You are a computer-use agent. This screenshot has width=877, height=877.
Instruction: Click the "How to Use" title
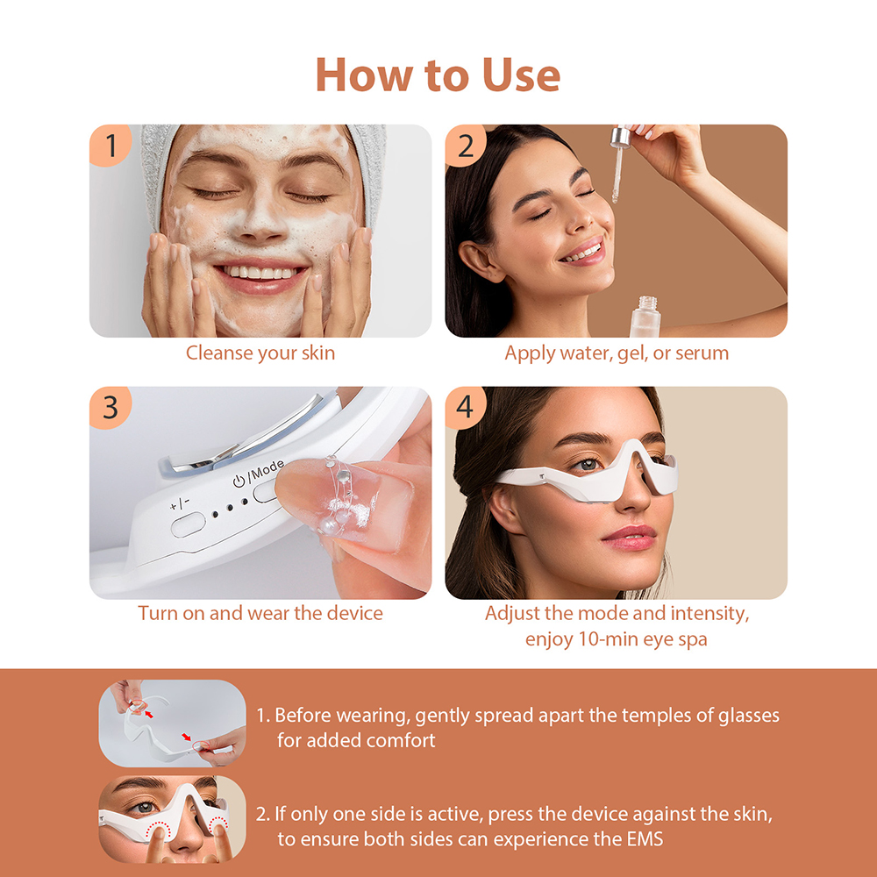click(438, 75)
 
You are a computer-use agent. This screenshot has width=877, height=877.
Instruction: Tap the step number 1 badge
click(111, 146)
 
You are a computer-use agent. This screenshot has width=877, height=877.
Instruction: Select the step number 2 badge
click(466, 146)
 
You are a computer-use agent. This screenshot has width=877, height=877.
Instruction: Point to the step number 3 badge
click(111, 408)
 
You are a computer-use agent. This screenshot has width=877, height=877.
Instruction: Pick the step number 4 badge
click(466, 408)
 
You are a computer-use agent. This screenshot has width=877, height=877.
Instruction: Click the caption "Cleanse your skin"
click(260, 353)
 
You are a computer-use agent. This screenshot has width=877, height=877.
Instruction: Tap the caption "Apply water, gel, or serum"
click(617, 353)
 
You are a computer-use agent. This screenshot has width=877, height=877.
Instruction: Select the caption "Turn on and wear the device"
click(260, 613)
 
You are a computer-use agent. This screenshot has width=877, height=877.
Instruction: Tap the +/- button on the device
click(187, 525)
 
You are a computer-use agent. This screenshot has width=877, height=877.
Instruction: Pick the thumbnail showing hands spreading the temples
click(172, 724)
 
